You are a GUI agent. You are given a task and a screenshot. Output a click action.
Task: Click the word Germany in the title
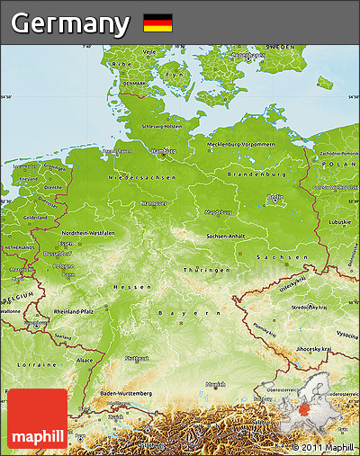pos(69,22)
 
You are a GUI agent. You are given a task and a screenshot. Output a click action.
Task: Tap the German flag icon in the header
pos(157,23)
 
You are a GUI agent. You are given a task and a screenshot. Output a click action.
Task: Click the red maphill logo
pos(37,418)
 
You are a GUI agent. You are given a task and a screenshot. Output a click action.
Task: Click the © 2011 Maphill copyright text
pos(323,447)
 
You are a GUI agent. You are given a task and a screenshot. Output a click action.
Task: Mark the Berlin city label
pos(275,196)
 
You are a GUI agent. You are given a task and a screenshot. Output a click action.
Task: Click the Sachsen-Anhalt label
pos(227,236)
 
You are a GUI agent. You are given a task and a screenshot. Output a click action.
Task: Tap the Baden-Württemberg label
pos(126,392)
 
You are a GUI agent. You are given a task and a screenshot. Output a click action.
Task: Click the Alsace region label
pos(85,360)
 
